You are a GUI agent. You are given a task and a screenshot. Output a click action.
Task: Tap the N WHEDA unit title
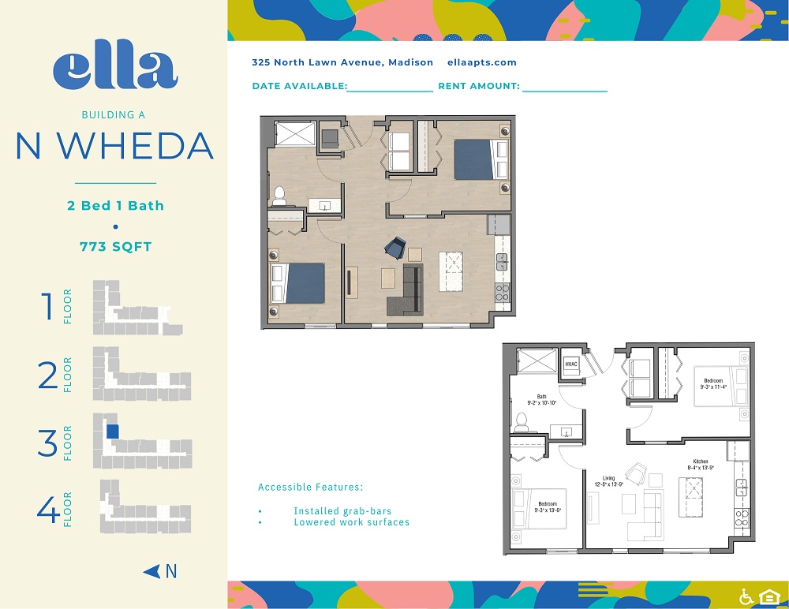(115, 146)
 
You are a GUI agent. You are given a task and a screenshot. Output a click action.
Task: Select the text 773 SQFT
(115, 247)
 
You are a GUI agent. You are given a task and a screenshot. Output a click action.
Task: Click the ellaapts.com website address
(481, 62)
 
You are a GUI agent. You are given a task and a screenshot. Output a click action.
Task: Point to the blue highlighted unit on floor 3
(113, 432)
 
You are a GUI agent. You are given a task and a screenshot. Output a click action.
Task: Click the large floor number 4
(48, 510)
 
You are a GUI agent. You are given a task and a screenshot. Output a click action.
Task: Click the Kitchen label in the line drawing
(701, 465)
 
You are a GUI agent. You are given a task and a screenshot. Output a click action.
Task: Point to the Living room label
(608, 481)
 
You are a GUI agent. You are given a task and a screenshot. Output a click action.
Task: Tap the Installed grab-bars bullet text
(342, 511)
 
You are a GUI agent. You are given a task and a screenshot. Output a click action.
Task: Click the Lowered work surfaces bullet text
(351, 522)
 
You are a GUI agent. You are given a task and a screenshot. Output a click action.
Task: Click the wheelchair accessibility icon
(746, 596)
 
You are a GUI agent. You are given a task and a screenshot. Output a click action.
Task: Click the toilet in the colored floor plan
(279, 195)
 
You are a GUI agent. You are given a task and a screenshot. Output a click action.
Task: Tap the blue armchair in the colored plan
(394, 248)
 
